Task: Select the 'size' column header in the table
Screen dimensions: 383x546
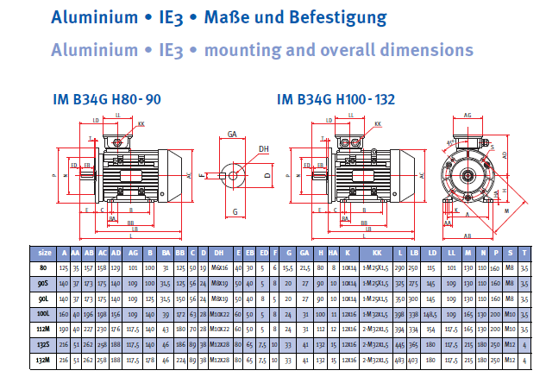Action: click(43, 253)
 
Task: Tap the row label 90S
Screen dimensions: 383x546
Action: click(43, 283)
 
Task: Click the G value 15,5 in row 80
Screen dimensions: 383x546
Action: click(287, 268)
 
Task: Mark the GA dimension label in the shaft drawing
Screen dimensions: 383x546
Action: click(232, 135)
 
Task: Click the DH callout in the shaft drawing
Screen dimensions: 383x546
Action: click(263, 149)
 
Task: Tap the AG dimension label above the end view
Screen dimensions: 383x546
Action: click(467, 115)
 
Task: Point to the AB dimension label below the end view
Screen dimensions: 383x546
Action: click(467, 234)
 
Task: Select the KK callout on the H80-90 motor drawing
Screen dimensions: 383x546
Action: click(141, 124)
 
